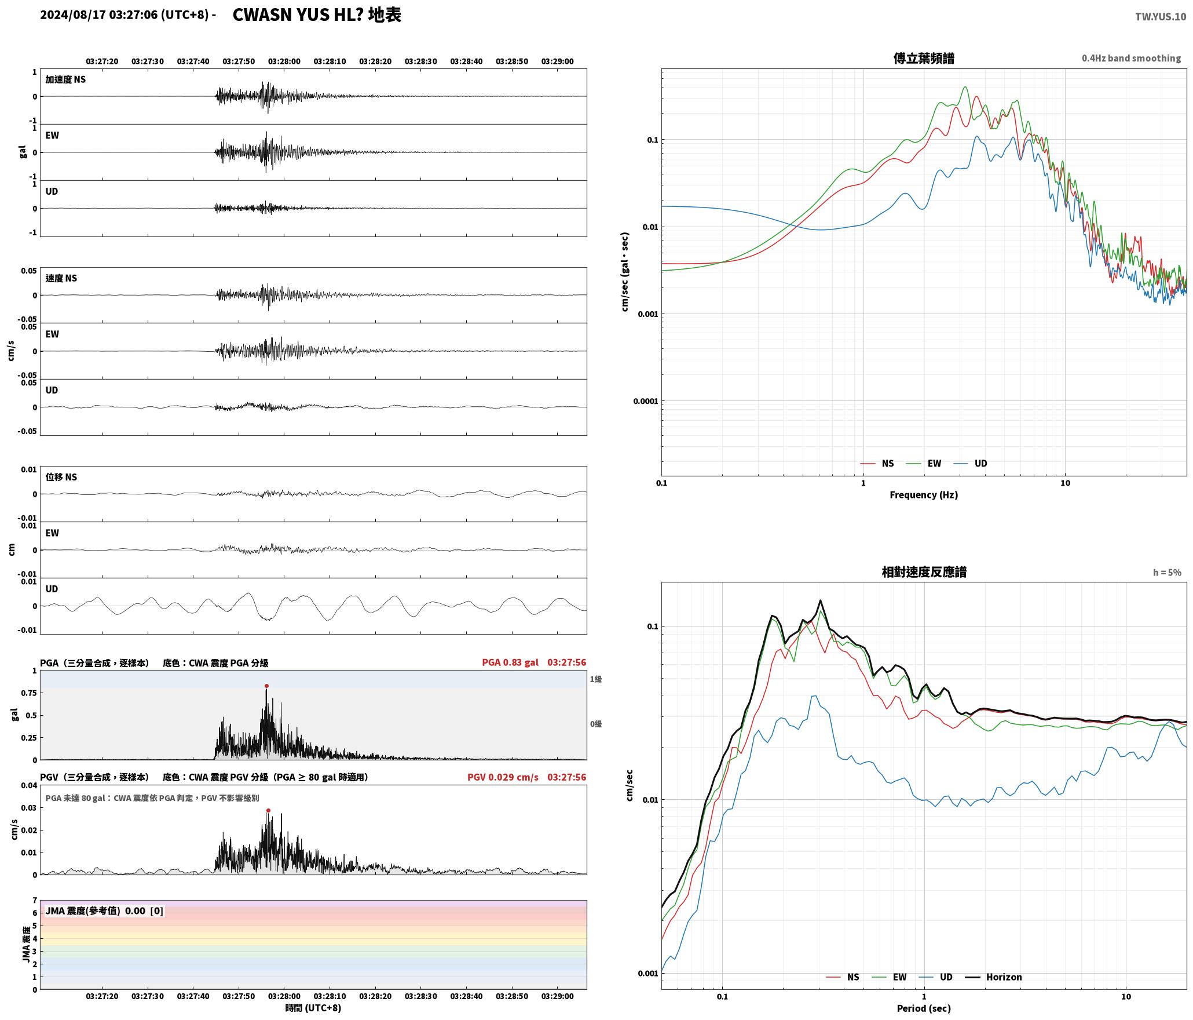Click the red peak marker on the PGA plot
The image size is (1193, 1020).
click(x=266, y=686)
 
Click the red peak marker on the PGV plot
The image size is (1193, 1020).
click(x=268, y=811)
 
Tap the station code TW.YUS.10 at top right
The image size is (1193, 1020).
click(x=1160, y=16)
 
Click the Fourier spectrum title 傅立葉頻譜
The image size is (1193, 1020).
click(x=924, y=59)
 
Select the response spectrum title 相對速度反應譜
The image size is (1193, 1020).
click(x=924, y=572)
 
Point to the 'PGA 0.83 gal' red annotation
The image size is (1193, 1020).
click(x=510, y=662)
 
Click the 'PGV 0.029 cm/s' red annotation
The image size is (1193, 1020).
click(x=503, y=777)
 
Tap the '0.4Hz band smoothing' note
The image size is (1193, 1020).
click(x=1131, y=59)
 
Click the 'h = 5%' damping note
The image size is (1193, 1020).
click(x=1167, y=573)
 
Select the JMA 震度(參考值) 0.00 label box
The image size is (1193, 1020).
click(x=104, y=911)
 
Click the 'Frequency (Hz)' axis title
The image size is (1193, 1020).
click(x=924, y=495)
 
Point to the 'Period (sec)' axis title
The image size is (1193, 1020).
click(x=924, y=1008)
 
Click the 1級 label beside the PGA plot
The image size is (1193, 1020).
click(x=596, y=679)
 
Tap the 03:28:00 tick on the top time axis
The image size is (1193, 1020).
click(x=284, y=61)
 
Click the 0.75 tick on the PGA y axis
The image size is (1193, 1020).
click(x=30, y=693)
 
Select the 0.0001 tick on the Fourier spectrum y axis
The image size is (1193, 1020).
click(x=646, y=401)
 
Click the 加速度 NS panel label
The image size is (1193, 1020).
click(x=65, y=79)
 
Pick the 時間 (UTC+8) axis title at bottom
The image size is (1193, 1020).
click(x=313, y=1008)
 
